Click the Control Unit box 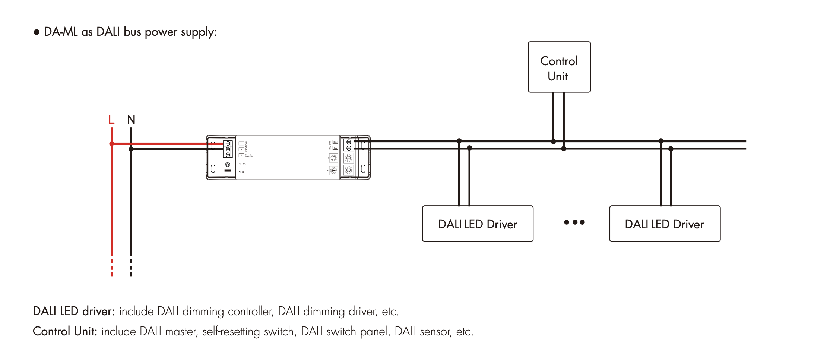point(559,67)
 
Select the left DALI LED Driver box point(478,224)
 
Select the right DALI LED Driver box point(665,224)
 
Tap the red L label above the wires point(111,120)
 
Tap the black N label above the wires point(131,120)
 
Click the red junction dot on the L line point(112,143)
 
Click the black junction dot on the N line point(131,149)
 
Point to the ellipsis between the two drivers point(574,222)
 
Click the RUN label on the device point(244,164)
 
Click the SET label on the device point(244,172)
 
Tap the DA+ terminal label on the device point(335,142)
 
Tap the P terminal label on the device point(241,155)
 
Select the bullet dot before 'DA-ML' point(37,32)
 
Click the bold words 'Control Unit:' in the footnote point(65,331)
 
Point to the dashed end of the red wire point(112,268)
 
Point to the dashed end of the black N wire point(131,268)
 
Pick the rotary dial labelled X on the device point(334,158)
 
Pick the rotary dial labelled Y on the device point(334,171)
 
